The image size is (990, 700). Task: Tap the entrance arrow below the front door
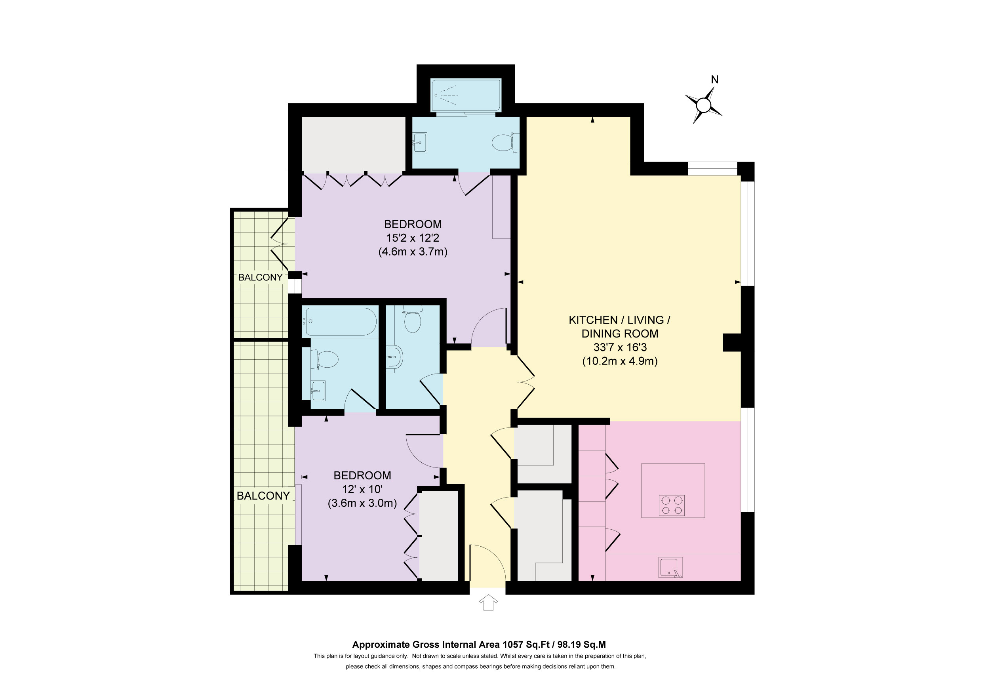488,603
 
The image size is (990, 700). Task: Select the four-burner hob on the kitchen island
672,505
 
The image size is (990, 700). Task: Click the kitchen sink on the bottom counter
670,568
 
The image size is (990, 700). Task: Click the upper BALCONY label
261,277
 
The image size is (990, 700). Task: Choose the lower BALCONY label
263,496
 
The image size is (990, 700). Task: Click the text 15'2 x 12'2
413,238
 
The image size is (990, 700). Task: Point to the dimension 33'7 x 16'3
620,347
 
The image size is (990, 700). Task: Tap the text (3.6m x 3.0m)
362,503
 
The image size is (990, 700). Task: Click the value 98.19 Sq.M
582,645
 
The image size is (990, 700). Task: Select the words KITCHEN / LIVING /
620,320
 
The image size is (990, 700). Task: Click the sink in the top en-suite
419,143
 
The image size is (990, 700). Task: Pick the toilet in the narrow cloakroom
413,319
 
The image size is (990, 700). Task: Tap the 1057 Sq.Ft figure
526,645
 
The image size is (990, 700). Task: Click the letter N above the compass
714,80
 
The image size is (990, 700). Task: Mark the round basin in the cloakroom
394,358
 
